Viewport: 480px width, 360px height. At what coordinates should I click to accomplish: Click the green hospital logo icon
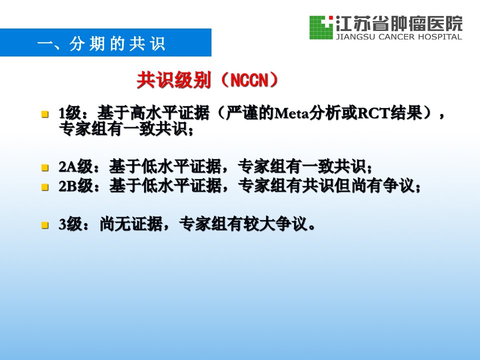coord(321,27)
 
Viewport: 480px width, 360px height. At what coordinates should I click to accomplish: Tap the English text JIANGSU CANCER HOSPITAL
coord(399,37)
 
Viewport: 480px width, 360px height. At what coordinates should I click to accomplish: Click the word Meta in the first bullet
coord(291,113)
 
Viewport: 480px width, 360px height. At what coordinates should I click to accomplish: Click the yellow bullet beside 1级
coord(45,114)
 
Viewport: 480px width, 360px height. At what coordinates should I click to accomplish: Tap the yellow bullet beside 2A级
coord(45,168)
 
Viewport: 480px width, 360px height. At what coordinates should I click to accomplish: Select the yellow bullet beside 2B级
coord(45,186)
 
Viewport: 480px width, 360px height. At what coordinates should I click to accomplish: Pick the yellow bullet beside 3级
coord(45,225)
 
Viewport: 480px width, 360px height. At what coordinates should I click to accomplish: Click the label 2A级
coord(76,167)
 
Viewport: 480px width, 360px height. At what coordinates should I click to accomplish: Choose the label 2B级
coord(76,186)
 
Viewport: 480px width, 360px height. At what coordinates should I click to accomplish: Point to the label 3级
coord(70,224)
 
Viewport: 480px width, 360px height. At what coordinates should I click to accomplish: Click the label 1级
coord(70,113)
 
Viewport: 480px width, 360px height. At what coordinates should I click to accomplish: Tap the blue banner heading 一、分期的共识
coord(101,44)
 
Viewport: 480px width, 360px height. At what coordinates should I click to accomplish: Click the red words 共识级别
coord(173,80)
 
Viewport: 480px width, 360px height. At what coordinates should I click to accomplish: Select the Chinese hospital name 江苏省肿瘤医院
coord(399,23)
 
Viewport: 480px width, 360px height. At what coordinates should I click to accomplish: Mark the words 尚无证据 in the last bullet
coord(131,224)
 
